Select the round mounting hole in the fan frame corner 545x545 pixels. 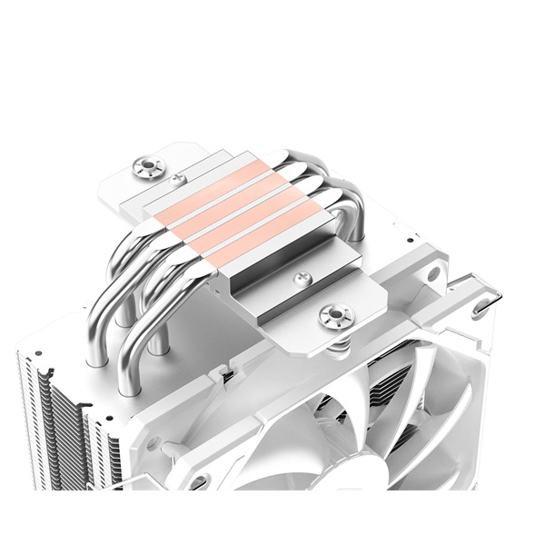point(434,272)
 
